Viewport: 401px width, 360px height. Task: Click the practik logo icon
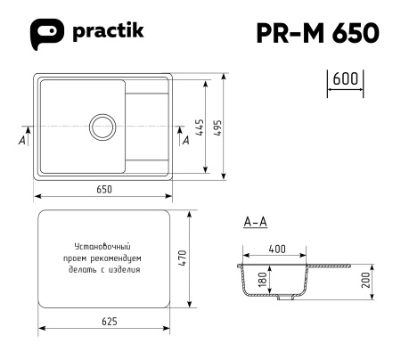[x=50, y=33]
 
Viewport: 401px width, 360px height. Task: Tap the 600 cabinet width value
[x=345, y=78]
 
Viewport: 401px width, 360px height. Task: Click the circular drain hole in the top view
[x=97, y=127]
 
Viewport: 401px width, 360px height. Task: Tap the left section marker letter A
[x=20, y=142]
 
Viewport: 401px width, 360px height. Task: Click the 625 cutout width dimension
[x=105, y=321]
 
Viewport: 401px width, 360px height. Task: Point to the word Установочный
[x=103, y=244]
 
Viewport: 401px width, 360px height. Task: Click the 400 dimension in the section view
[x=277, y=250]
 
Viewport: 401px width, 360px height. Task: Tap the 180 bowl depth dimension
[x=261, y=281]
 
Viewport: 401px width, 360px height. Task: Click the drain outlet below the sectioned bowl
[x=283, y=300]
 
